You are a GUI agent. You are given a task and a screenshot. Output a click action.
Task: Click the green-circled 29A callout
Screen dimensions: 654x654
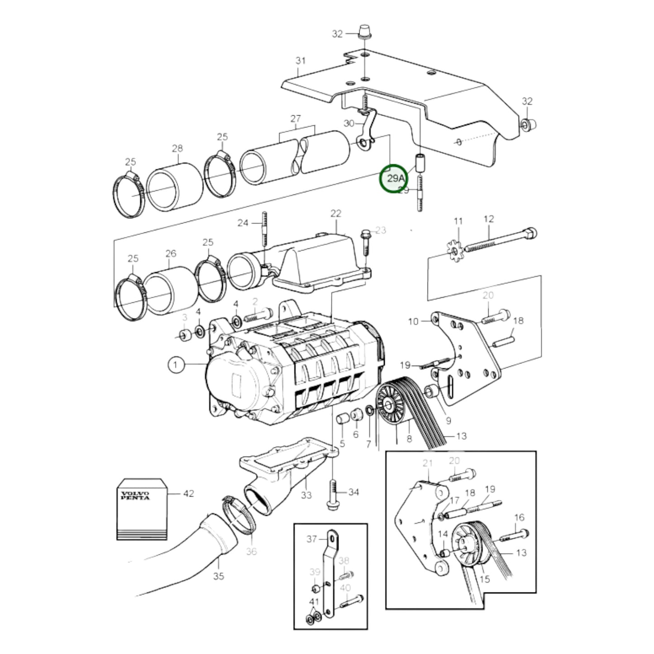coord(393,178)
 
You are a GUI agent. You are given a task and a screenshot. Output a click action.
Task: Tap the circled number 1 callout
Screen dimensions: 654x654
coord(177,365)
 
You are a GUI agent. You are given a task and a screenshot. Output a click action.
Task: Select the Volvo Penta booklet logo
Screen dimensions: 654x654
coord(135,495)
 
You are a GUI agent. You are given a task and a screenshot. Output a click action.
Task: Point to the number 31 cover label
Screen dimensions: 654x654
coord(301,61)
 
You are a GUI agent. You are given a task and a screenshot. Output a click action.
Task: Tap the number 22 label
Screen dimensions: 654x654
coord(335,213)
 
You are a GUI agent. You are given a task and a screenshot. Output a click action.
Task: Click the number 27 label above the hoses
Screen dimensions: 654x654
coord(296,119)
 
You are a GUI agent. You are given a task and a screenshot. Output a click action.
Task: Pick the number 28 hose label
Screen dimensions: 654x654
coord(177,148)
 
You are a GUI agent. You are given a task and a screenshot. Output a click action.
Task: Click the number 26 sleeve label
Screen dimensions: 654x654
coord(171,253)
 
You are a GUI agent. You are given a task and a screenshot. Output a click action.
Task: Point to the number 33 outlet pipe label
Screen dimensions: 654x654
coord(306,495)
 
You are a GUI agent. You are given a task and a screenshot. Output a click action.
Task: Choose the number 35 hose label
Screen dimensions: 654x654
coord(219,576)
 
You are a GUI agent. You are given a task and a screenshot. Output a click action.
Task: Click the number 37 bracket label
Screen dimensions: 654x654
coord(312,539)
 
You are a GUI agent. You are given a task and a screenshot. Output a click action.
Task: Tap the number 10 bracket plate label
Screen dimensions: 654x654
coord(413,321)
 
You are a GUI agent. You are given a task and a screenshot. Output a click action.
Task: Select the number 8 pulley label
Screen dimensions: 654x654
coord(409,438)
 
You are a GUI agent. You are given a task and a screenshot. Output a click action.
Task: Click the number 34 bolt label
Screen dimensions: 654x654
coord(353,492)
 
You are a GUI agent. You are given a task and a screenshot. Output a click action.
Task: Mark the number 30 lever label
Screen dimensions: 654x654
coord(349,123)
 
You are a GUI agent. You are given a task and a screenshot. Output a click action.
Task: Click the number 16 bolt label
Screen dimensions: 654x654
coord(519,517)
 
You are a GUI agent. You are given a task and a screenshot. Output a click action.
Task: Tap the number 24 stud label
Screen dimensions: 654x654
coord(243,223)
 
